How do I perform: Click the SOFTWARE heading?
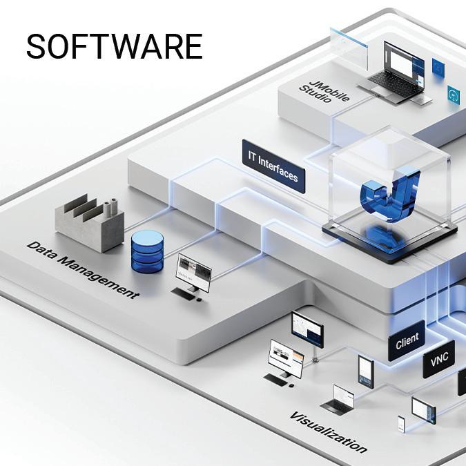point(114,47)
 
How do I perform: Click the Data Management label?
point(83,269)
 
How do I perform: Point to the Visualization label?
point(328,431)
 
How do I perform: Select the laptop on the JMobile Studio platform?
point(400,72)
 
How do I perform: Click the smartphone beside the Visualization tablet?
point(400,423)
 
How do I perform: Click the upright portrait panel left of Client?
point(365,371)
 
